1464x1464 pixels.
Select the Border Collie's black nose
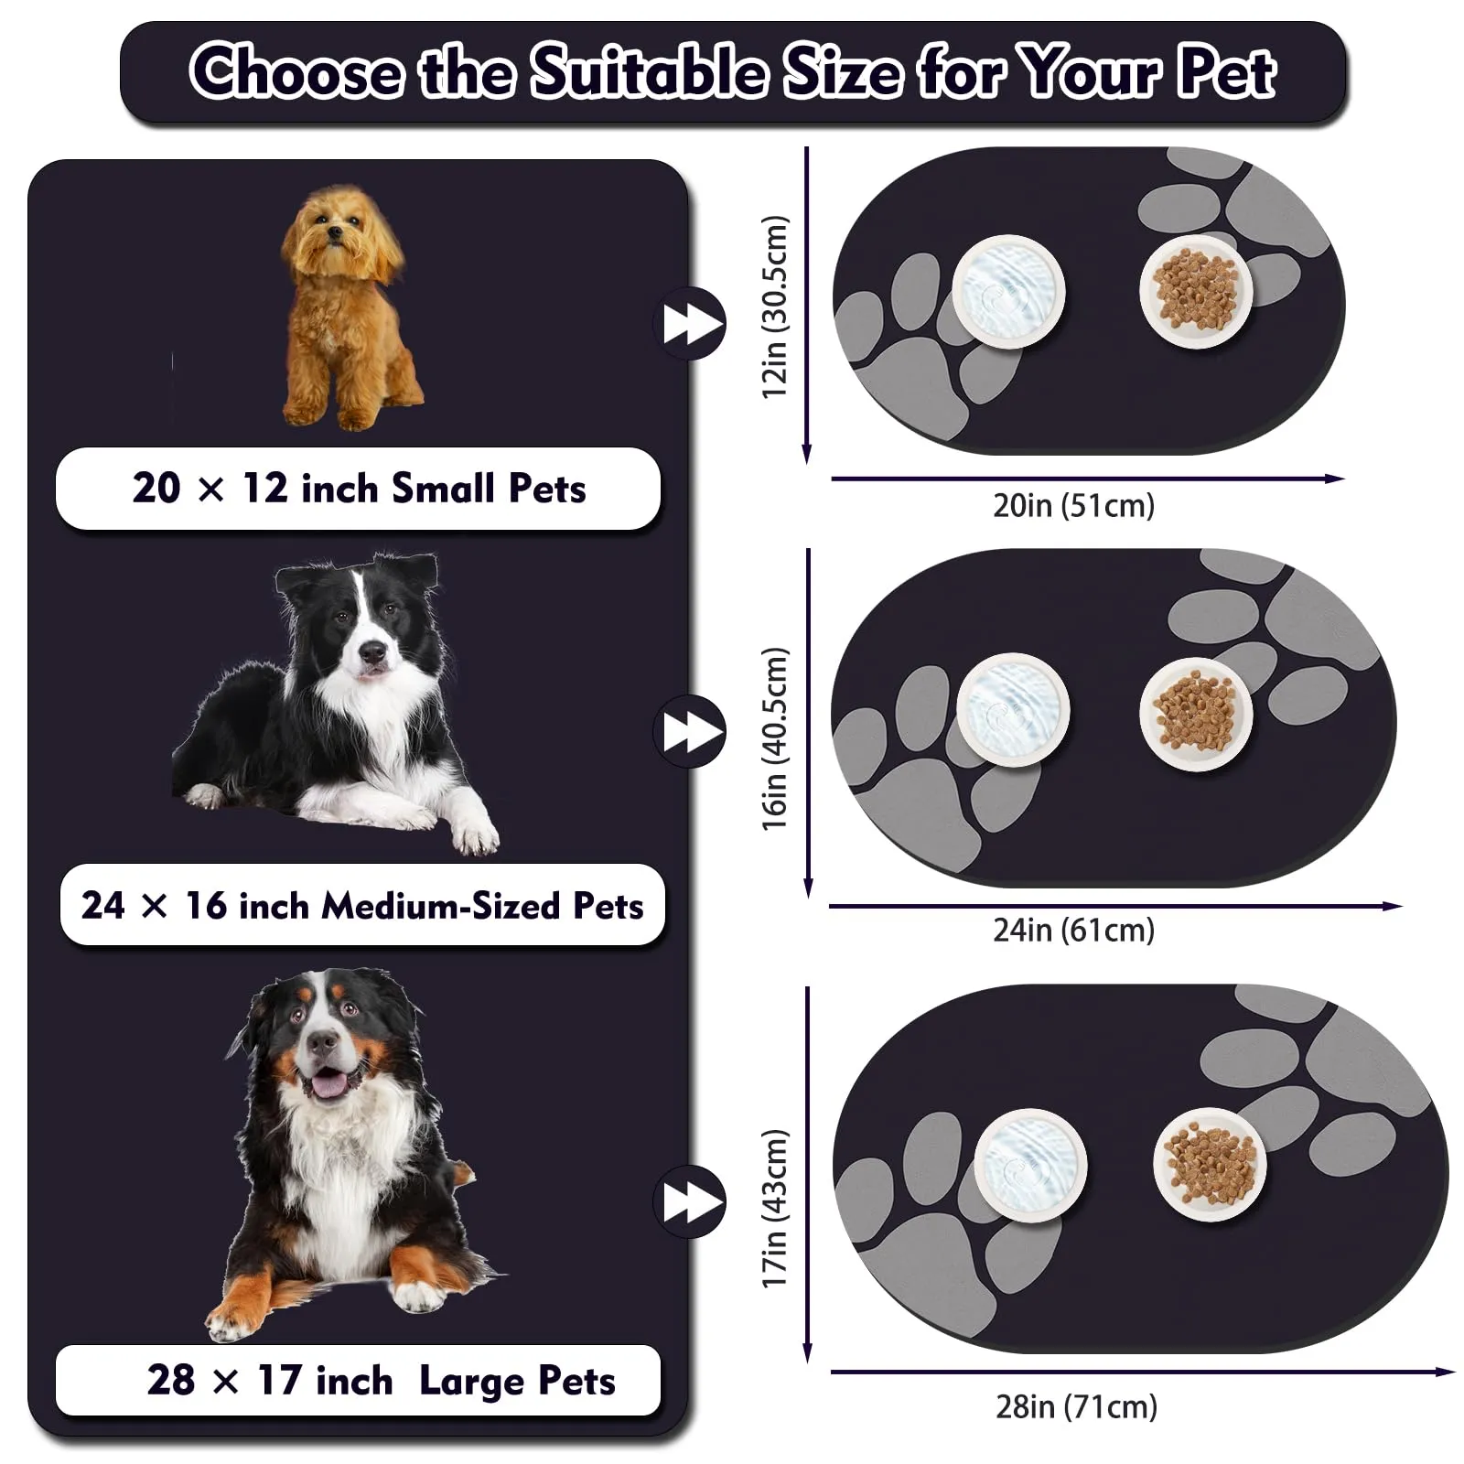pyautogui.click(x=372, y=652)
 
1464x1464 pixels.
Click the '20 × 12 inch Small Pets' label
pyautogui.click(x=359, y=489)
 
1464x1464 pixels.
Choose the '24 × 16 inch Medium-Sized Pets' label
pyautogui.click(x=362, y=905)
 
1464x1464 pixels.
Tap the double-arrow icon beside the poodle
pyautogui.click(x=689, y=323)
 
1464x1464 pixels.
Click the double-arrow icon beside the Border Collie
pyautogui.click(x=689, y=732)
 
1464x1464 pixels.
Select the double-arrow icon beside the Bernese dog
pyautogui.click(x=689, y=1201)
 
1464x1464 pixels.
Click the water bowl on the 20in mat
pyautogui.click(x=1008, y=291)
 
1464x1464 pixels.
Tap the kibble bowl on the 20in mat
pyautogui.click(x=1196, y=291)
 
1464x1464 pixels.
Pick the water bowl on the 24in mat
pyautogui.click(x=1013, y=710)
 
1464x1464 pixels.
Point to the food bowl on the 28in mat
pyautogui.click(x=1211, y=1164)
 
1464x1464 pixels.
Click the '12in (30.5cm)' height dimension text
pyautogui.click(x=774, y=307)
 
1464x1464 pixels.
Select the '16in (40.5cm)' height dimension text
pyautogui.click(x=774, y=739)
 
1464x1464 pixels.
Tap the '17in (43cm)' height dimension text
pyautogui.click(x=774, y=1208)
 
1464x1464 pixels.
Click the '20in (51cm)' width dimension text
pyautogui.click(x=1074, y=505)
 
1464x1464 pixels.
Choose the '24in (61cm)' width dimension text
pyautogui.click(x=1074, y=930)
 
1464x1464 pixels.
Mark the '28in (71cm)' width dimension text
pyautogui.click(x=1077, y=1406)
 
